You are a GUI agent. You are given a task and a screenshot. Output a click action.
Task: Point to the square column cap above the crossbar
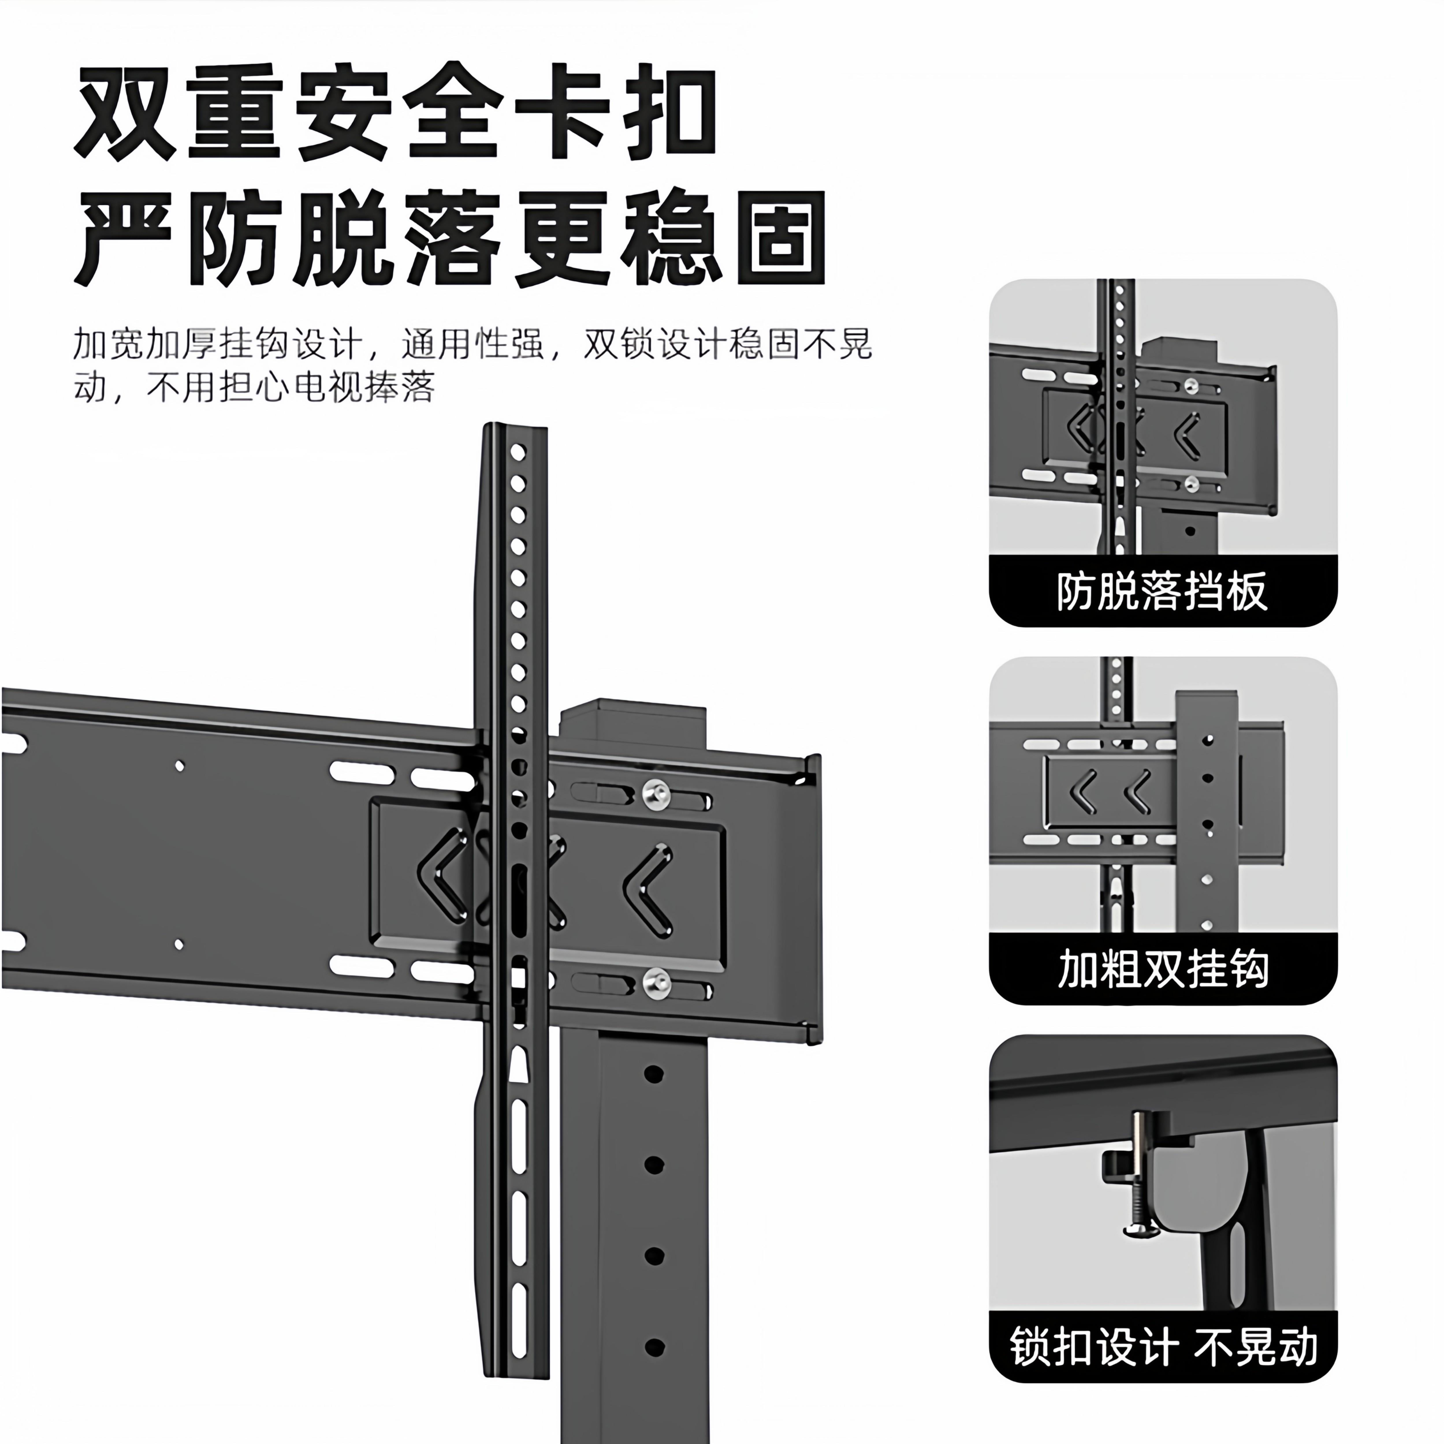(632, 723)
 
